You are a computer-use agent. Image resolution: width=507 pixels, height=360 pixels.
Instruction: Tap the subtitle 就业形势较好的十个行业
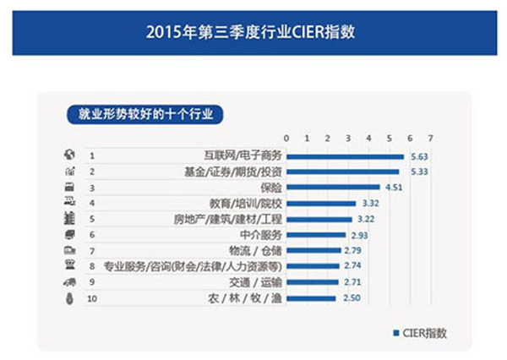coord(143,112)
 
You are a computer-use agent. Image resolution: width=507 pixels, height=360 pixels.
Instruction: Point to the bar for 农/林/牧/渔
coord(313,298)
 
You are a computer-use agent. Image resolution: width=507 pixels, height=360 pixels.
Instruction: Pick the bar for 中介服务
coord(317,234)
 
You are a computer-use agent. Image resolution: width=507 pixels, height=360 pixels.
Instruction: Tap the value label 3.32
coord(369,203)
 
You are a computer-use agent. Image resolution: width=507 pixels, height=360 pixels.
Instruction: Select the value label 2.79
coord(354,250)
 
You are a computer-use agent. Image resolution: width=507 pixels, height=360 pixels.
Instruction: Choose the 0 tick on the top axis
coord(287,138)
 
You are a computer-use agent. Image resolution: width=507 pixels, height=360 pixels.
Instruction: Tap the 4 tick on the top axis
coord(369,138)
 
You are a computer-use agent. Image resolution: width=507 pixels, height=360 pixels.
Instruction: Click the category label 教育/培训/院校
coord(244,203)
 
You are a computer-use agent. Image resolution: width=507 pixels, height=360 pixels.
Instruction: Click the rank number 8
coord(90,266)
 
